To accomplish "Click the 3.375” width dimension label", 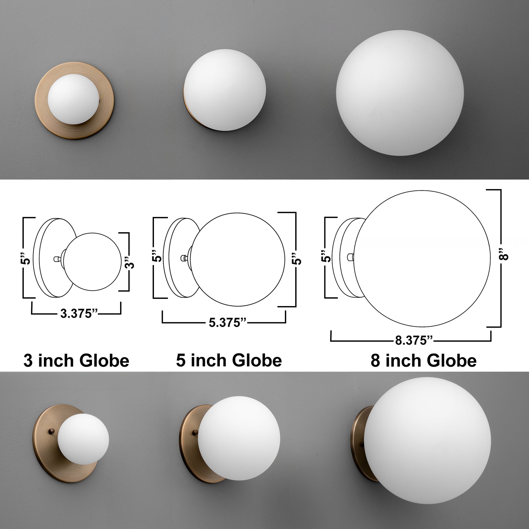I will [79, 314].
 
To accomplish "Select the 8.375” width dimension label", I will [414, 341].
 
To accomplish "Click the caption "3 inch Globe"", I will [76, 361].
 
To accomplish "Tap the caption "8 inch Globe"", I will [423, 361].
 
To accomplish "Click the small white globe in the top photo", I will [73, 99].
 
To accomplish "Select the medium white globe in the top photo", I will [225, 90].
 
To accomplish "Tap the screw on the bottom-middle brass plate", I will [195, 432].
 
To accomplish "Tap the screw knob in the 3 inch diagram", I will [57, 259].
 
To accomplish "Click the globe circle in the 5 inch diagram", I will [238, 259].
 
